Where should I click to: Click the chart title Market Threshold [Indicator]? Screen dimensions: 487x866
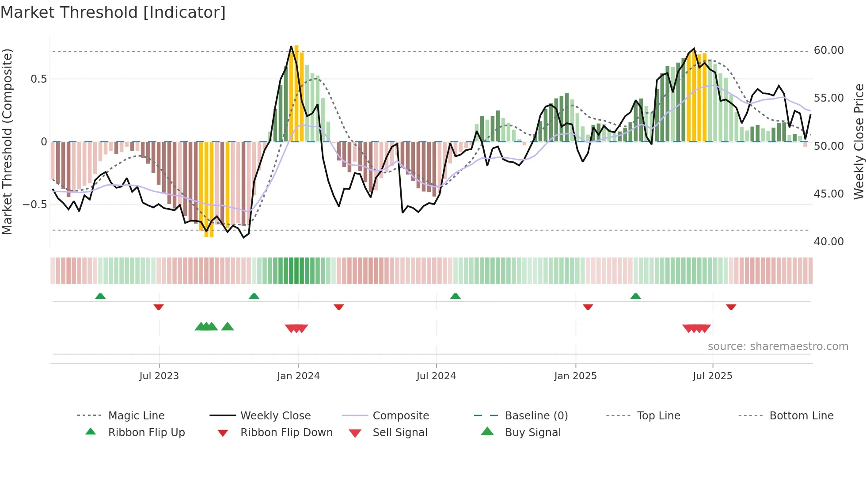click(113, 12)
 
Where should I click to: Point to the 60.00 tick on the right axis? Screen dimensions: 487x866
click(828, 50)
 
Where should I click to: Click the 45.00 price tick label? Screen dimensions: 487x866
click(828, 194)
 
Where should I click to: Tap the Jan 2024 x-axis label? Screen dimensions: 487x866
click(298, 376)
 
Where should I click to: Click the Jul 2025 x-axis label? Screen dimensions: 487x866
click(712, 376)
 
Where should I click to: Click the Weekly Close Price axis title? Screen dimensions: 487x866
click(858, 141)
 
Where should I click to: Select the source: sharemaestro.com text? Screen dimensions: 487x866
click(778, 346)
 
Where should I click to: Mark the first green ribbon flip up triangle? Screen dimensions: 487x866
click(100, 296)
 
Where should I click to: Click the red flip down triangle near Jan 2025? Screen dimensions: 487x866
click(588, 307)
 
